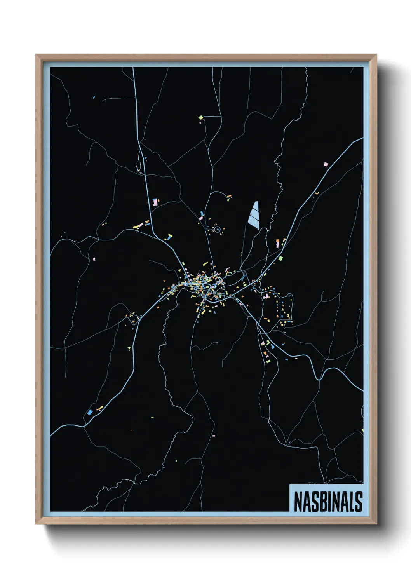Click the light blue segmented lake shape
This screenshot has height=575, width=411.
click(254, 214)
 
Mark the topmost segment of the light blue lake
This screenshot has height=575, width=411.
click(255, 206)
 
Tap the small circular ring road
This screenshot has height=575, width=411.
click(217, 229)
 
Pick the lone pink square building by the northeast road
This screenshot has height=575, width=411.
click(326, 164)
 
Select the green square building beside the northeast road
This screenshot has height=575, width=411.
click(280, 258)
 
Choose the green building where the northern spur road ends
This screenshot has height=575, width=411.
click(200, 117)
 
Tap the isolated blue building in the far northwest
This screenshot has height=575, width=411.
click(94, 97)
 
